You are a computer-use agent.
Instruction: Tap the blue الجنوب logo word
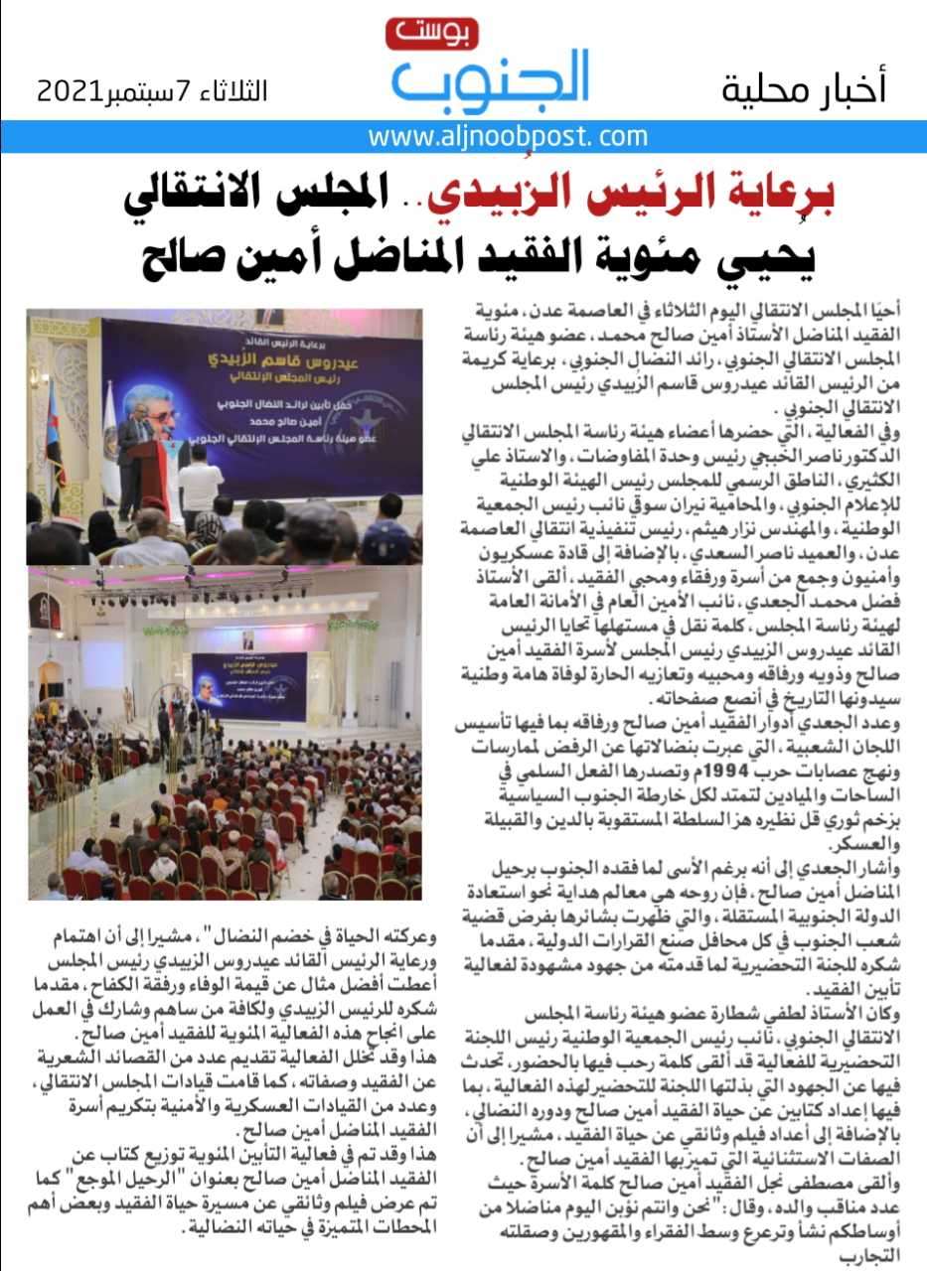pyautogui.click(x=491, y=79)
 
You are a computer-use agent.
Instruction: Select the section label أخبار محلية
pyautogui.click(x=803, y=89)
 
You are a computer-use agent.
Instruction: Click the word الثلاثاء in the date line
pyautogui.click(x=234, y=92)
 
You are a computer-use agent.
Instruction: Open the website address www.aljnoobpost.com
pyautogui.click(x=508, y=136)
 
